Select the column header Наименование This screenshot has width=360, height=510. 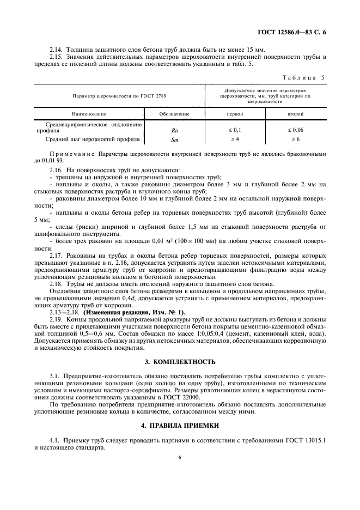pyautogui.click(x=88, y=114)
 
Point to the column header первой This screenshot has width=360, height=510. pyautogui.click(x=235, y=114)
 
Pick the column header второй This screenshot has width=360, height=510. pyautogui.click(x=296, y=114)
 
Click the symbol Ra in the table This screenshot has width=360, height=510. pyautogui.click(x=174, y=131)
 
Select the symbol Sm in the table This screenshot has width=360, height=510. pyautogui.click(x=174, y=140)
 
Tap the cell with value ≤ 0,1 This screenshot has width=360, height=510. pyautogui.click(x=235, y=131)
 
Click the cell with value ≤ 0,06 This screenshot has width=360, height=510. pyautogui.click(x=296, y=131)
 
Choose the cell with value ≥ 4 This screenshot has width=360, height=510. pyautogui.click(x=235, y=140)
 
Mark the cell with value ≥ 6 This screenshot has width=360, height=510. pyautogui.click(x=296, y=140)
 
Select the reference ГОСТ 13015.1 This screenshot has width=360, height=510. pyautogui.click(x=307, y=438)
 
